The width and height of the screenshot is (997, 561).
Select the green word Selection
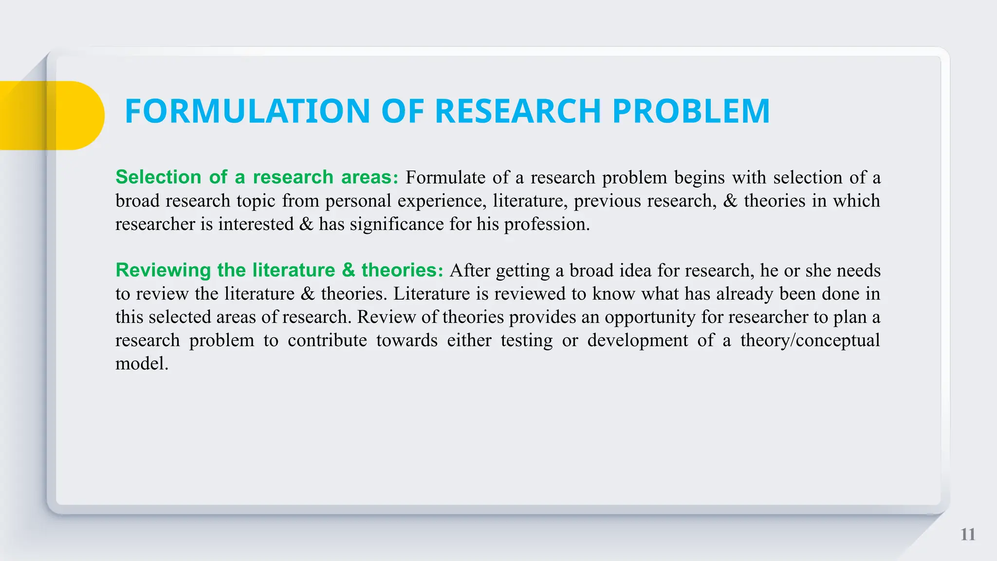point(158,177)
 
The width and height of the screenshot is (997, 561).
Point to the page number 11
point(968,535)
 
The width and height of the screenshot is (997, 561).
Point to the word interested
point(256,224)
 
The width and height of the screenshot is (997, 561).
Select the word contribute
point(327,340)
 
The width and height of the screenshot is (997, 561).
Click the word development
point(637,340)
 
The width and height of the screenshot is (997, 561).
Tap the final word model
point(141,363)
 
